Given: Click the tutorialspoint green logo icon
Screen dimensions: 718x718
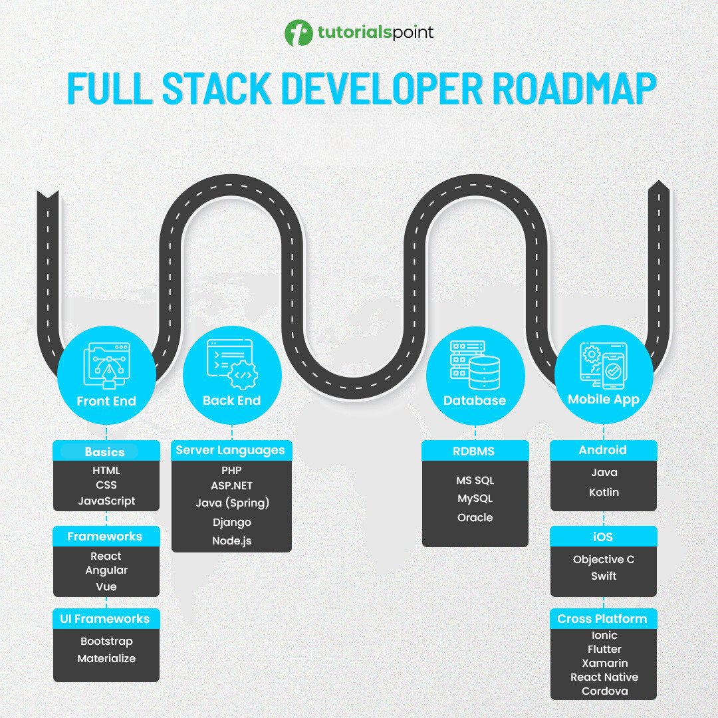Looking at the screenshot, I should point(299,33).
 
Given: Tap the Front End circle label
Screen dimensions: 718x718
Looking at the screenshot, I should point(106,401).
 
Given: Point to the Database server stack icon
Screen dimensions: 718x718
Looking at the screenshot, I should point(475,364).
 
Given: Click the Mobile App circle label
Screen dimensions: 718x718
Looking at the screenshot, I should point(604,400).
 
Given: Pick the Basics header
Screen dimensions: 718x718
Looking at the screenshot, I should point(105,451).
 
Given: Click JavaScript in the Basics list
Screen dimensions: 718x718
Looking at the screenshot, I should point(106,501).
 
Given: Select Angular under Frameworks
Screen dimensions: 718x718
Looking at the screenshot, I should point(106,570).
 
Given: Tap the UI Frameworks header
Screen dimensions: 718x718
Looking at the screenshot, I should point(105,619).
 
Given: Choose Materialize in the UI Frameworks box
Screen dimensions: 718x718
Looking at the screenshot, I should point(106,658).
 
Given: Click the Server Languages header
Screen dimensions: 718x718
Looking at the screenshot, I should point(230,450).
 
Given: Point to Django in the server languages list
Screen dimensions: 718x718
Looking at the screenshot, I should point(232,522).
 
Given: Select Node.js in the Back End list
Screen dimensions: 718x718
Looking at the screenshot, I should point(232,540).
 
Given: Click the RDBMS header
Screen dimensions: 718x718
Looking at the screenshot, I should point(474,451).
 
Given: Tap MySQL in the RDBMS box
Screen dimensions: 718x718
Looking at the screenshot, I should point(475,498).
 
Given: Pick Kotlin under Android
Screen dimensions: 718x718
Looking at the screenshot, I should point(604,492).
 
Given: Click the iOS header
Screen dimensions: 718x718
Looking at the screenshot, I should point(604,536).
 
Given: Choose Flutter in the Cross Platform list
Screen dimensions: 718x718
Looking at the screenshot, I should point(604,649).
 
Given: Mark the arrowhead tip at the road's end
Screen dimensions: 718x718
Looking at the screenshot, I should point(658,182).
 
